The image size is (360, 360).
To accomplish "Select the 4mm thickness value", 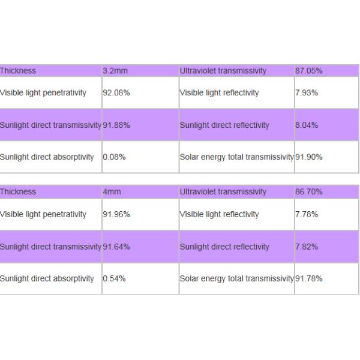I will (112, 192).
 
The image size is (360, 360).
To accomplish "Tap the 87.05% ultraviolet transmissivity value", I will (308, 71).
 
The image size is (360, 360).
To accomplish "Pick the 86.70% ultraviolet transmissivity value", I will (308, 192).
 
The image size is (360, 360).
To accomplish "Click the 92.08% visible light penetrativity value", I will (116, 93).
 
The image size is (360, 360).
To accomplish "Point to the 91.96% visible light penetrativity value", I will (116, 214).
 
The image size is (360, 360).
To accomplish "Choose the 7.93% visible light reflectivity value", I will (307, 93).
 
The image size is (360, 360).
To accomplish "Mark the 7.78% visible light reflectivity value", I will (307, 214).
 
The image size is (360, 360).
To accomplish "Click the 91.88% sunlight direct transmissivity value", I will (116, 125).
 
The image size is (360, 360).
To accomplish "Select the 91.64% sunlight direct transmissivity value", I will (116, 247).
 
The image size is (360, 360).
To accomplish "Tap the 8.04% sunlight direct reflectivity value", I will (307, 125).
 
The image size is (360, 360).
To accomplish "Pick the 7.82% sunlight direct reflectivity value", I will (307, 247).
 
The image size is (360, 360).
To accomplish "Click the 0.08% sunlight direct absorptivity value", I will (114, 157).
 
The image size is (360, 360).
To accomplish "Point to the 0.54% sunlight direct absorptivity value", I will (114, 278).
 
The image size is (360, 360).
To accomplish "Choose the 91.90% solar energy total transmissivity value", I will (308, 157).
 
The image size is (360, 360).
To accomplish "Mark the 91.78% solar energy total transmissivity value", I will (308, 278).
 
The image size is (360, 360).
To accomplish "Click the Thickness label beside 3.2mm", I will (18, 71).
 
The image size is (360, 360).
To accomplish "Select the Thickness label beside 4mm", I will (18, 192).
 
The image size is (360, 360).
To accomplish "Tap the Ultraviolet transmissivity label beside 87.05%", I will (223, 71).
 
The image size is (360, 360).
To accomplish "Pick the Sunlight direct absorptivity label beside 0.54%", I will (47, 278).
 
